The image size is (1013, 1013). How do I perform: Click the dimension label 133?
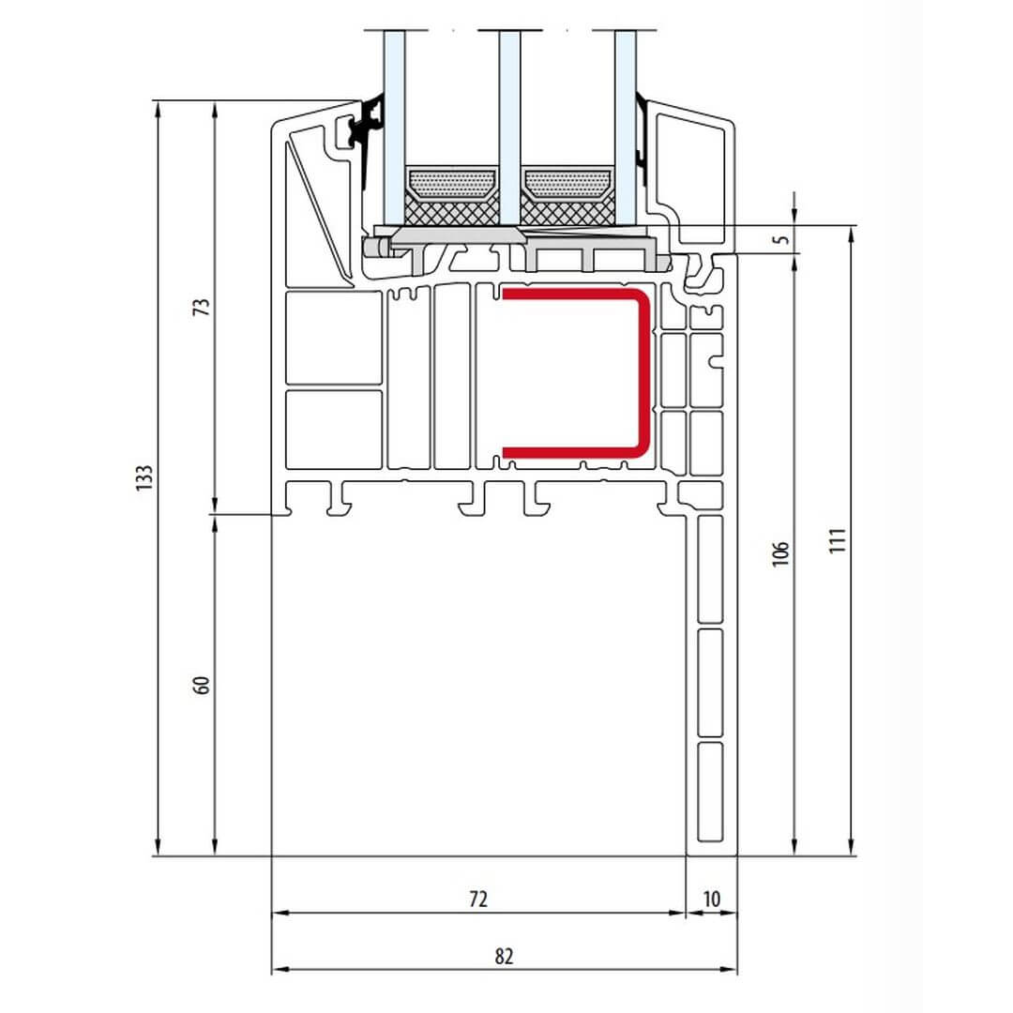(x=144, y=477)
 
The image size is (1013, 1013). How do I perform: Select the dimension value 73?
(x=202, y=306)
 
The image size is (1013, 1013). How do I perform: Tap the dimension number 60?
(x=203, y=685)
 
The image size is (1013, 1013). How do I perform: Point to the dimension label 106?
(x=780, y=553)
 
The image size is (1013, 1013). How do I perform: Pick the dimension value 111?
(x=838, y=540)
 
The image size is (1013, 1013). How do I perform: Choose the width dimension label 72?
(x=478, y=899)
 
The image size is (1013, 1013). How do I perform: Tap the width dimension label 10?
(x=711, y=899)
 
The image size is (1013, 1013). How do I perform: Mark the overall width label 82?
(x=504, y=956)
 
